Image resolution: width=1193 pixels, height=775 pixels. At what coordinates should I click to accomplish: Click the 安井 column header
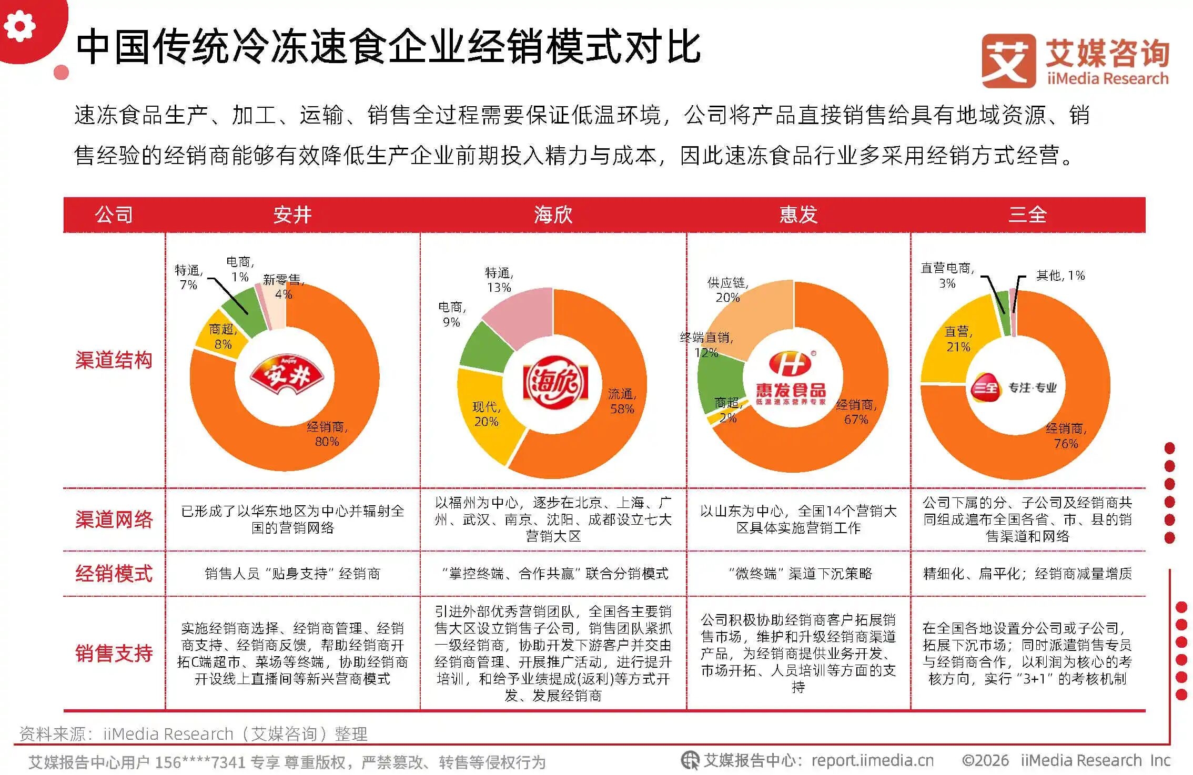tap(292, 215)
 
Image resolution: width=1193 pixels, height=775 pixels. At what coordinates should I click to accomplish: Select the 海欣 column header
tap(553, 215)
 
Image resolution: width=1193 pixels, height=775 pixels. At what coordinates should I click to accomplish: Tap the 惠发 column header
tap(798, 215)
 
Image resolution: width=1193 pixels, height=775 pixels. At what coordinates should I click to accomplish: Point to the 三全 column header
tap(1027, 215)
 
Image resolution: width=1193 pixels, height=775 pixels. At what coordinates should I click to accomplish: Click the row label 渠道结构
tap(114, 360)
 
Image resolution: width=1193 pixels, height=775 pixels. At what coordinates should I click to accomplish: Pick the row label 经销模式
tap(114, 573)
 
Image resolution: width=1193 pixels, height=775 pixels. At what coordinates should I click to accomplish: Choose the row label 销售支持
tap(114, 653)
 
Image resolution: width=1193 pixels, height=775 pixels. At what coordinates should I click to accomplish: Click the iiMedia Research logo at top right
tap(1075, 61)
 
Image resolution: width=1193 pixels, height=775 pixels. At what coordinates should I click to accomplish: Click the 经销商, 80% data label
tap(327, 434)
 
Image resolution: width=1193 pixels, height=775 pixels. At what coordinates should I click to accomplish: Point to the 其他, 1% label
tap(1060, 276)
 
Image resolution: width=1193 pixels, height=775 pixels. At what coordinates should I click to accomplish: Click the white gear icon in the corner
tap(19, 25)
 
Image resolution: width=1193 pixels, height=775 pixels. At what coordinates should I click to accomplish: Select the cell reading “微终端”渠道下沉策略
tap(798, 573)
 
